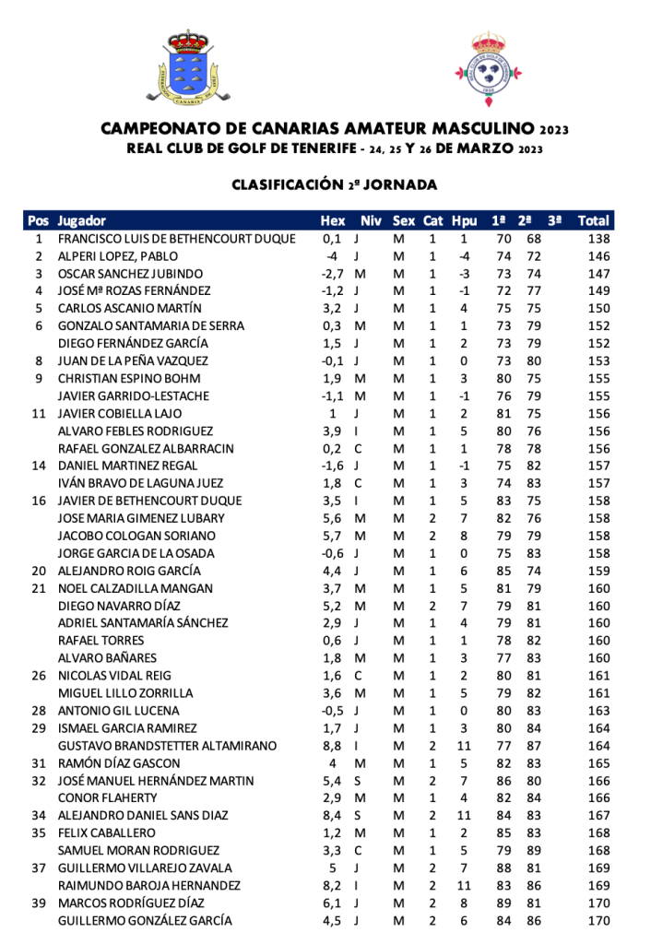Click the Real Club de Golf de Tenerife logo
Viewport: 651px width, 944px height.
pos(488,67)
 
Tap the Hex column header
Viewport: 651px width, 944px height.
pos(332,221)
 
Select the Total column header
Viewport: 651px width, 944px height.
pos(593,221)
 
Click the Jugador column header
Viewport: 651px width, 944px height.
pos(81,221)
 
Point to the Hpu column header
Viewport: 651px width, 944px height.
pos(465,221)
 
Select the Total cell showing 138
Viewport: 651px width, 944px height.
pos(598,239)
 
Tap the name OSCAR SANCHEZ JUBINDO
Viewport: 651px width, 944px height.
pos(130,274)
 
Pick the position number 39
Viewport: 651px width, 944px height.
pos(39,903)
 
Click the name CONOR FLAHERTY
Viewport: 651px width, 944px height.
pos(107,797)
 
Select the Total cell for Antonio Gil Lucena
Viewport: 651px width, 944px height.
pos(598,711)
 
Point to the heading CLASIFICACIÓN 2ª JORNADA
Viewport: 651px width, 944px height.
pos(334,185)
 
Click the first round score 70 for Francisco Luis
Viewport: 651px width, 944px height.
pos(503,239)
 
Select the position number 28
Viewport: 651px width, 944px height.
pos(39,711)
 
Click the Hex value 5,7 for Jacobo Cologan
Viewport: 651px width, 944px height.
pos(332,536)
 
